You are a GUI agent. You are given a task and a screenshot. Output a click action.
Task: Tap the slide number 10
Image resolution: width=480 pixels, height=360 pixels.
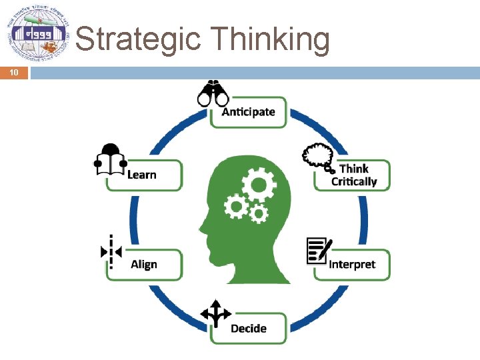point(14,73)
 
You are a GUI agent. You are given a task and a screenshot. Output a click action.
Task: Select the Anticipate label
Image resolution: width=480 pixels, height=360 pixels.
point(248,111)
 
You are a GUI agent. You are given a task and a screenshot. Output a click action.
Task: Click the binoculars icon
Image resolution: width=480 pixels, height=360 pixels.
point(213,95)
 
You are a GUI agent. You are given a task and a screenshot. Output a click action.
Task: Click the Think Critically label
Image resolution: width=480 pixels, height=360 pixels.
point(354,175)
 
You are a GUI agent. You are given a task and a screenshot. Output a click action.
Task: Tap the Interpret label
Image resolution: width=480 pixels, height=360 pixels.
point(352,264)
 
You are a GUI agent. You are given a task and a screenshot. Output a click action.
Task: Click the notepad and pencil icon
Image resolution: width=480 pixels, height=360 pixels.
point(318,250)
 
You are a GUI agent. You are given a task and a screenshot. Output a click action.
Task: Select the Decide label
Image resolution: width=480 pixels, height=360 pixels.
point(248,328)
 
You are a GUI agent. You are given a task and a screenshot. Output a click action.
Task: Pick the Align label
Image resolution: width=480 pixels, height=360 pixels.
point(144,264)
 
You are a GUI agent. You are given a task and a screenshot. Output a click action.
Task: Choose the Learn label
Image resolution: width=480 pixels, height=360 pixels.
point(141,175)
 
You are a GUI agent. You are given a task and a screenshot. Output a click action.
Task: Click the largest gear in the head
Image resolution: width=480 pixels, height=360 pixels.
point(257,181)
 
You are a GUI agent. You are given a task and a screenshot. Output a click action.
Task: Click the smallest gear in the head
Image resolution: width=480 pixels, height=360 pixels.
point(258,213)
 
